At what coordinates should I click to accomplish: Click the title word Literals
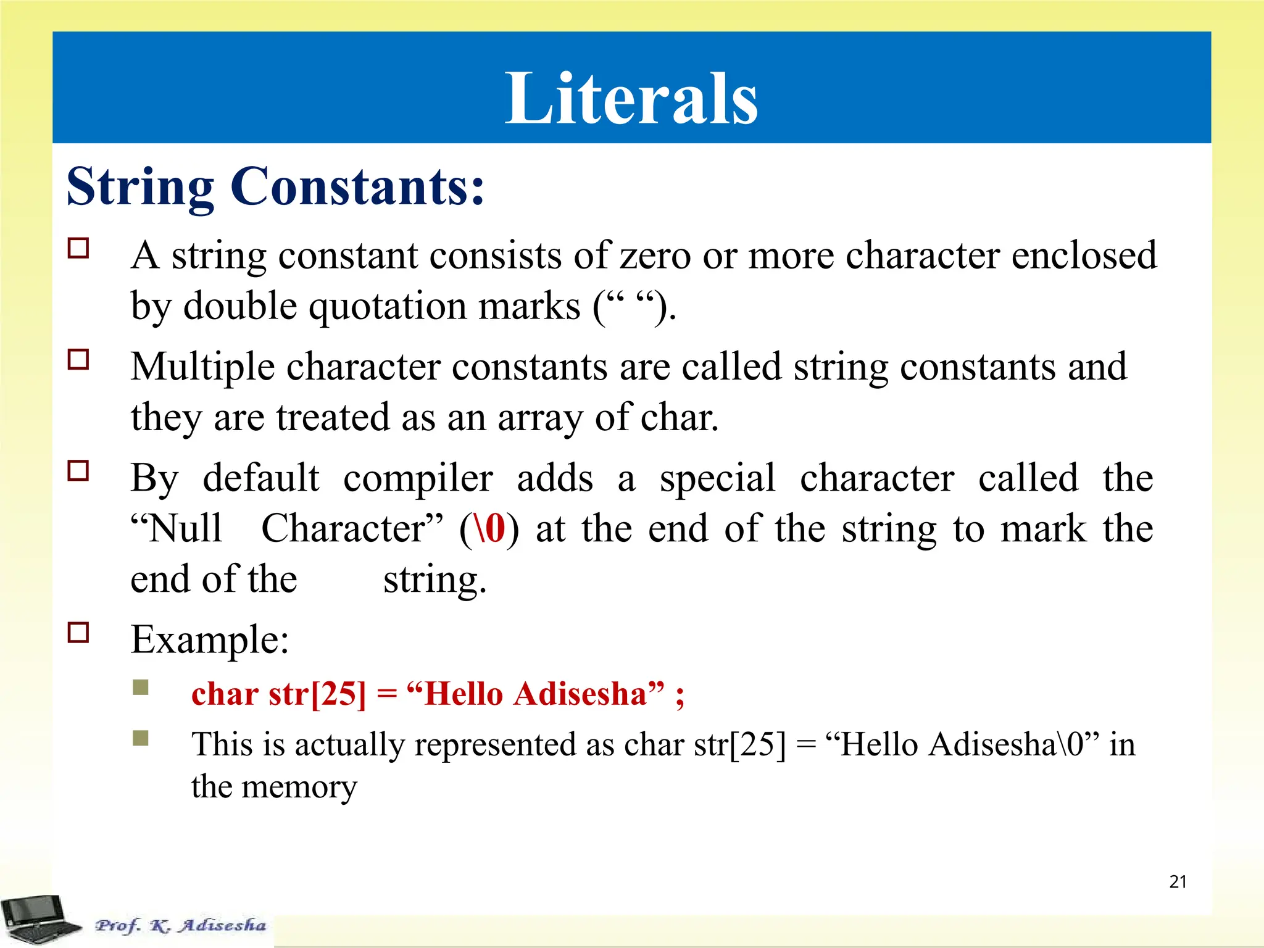tap(631, 99)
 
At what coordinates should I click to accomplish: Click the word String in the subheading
tap(140, 187)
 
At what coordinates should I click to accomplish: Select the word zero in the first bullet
tap(654, 256)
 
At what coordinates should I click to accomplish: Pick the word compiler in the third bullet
tap(418, 479)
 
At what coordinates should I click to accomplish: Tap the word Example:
tap(210, 639)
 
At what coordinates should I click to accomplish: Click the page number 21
tap(1178, 882)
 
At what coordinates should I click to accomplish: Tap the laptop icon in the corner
tap(38, 919)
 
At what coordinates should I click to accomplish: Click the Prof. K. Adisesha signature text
tap(180, 925)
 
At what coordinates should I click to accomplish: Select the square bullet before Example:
tap(78, 633)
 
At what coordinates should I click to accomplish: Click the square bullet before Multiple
tap(78, 359)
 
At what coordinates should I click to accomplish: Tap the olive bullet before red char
tap(141, 687)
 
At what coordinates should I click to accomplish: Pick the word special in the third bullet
tap(717, 479)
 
